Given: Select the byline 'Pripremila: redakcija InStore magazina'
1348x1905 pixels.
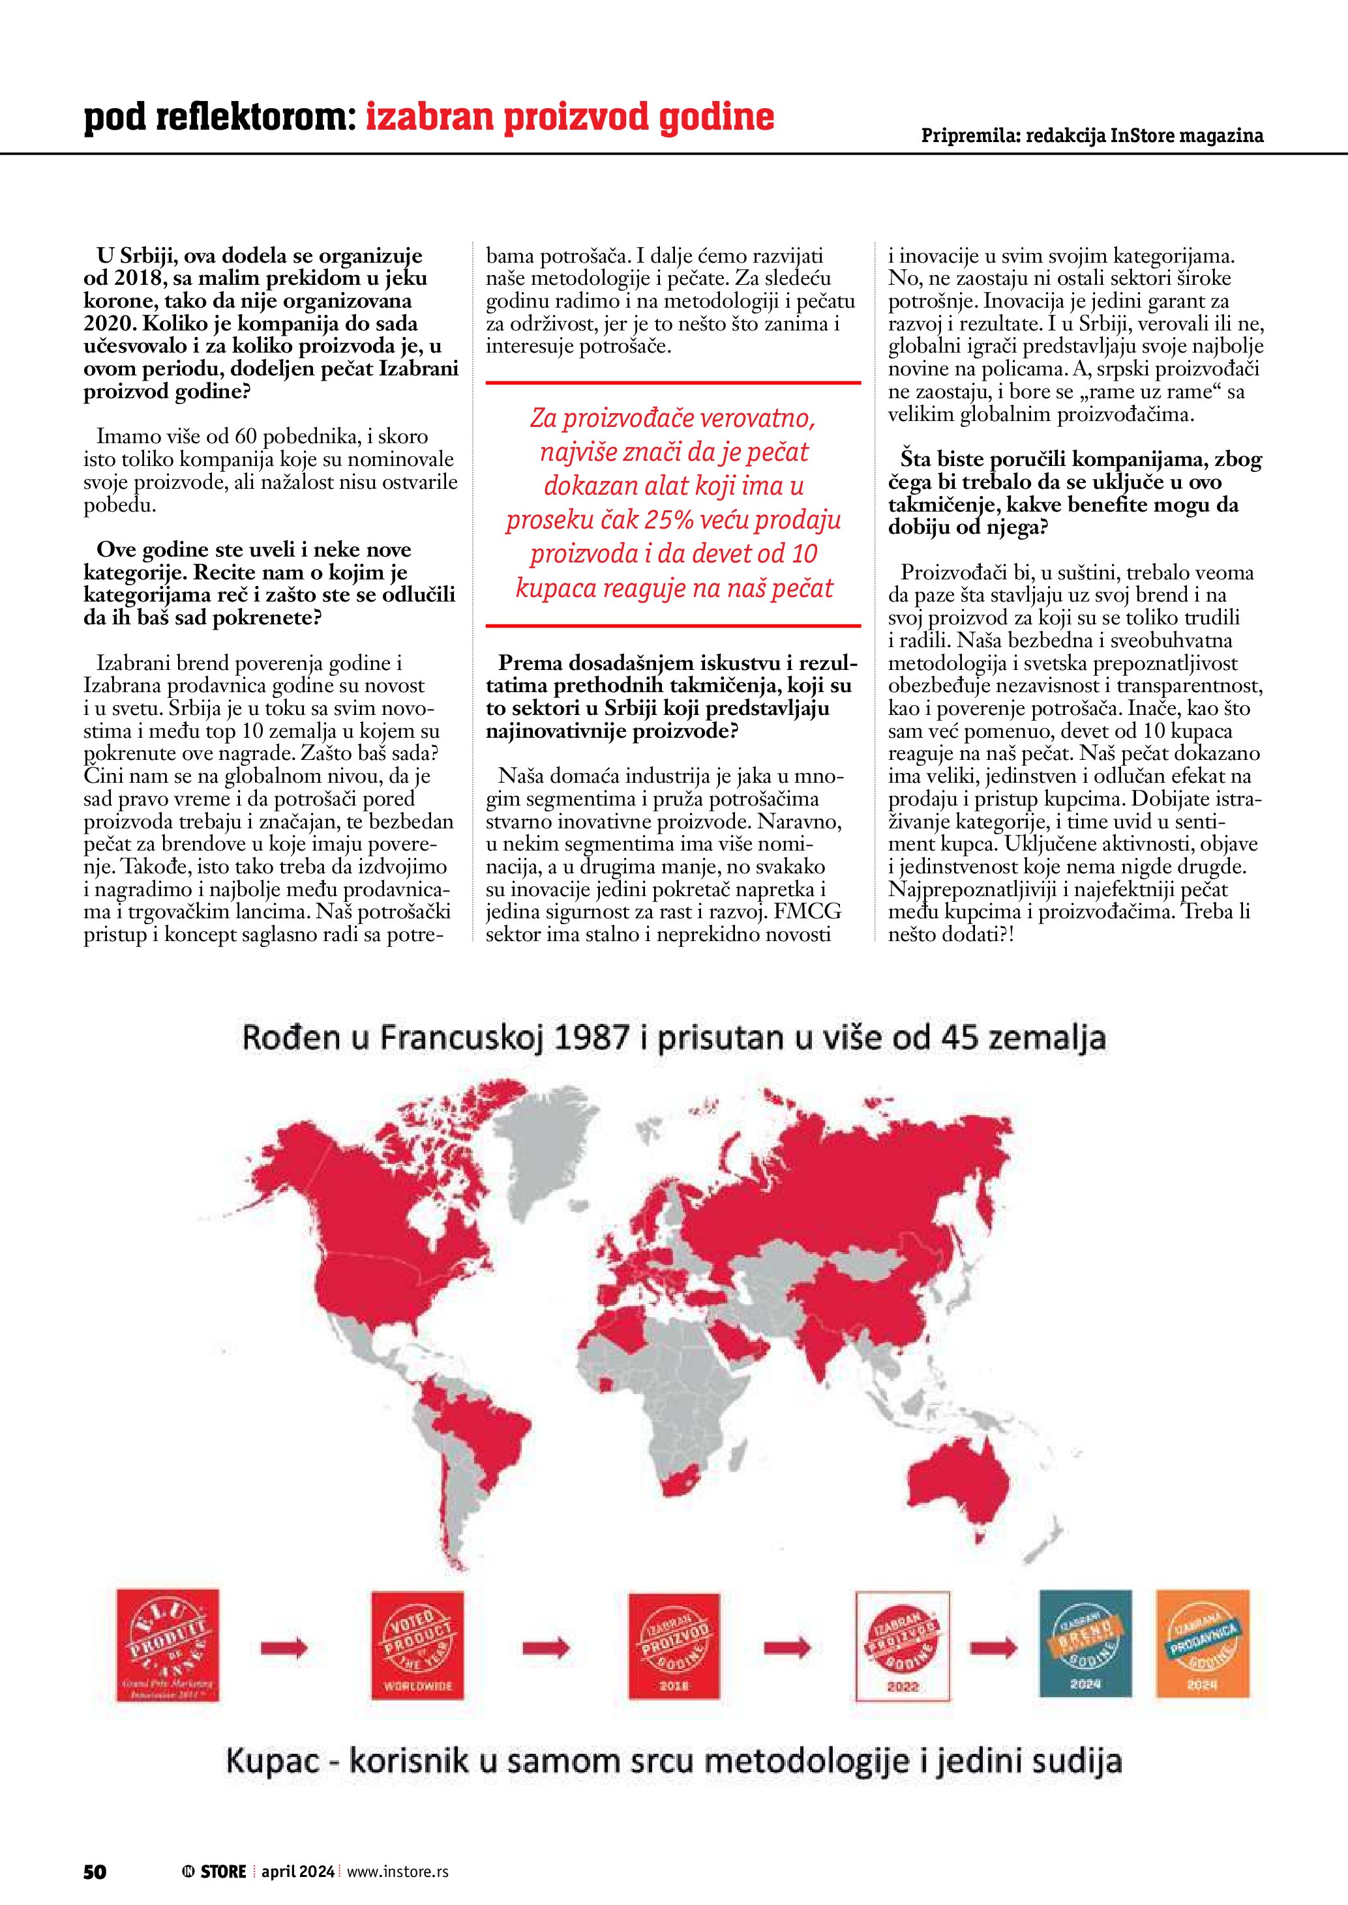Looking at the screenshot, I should pos(1092,136).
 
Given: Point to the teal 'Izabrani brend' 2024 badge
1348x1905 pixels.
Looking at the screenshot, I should pos(1085,1644).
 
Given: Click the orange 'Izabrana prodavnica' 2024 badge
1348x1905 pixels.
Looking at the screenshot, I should pos(1202,1644).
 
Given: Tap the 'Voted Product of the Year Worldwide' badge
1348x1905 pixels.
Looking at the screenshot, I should pos(417,1646).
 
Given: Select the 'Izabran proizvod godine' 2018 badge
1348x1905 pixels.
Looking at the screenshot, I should pos(674,1646).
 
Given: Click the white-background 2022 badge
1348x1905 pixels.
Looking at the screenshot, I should pos(903,1646).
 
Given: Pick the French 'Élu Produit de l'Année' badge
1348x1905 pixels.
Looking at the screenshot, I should pos(168,1646).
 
